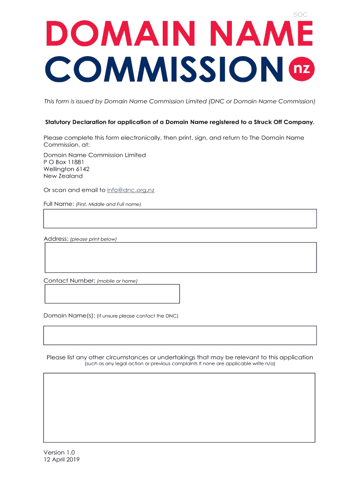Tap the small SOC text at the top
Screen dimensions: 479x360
[x=300, y=15]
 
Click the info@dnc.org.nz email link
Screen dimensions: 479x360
[x=130, y=190]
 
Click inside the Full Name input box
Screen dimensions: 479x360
[x=180, y=218]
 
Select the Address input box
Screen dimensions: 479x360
[x=180, y=257]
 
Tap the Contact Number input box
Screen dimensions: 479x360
[x=112, y=294]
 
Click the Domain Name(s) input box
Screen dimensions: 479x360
[x=180, y=335]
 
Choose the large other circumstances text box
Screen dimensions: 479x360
[x=179, y=407]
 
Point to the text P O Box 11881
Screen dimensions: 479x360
[x=64, y=162]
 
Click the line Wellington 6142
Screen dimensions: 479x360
[x=66, y=169]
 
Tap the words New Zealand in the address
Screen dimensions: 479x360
[x=63, y=176]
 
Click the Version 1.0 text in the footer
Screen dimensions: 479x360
[x=59, y=452]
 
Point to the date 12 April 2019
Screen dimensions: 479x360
[x=62, y=459]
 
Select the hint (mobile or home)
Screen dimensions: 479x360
[x=117, y=281]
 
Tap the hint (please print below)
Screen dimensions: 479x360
[x=93, y=239]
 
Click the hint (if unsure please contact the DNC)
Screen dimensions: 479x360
[x=137, y=316]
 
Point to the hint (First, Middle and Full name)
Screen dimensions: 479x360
[x=108, y=204]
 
